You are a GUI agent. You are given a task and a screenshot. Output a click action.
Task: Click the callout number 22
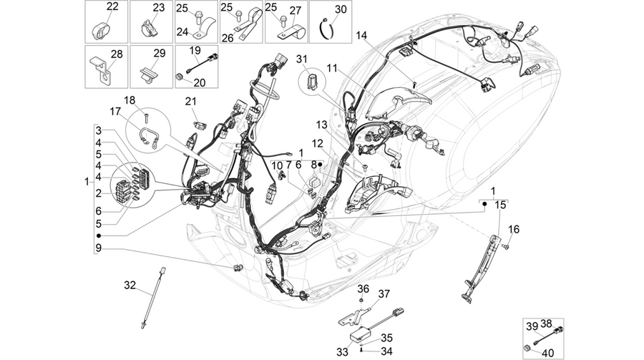[112, 6]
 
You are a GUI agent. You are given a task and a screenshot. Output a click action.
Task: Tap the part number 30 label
[341, 9]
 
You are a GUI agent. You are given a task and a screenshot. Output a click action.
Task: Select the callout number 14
[361, 35]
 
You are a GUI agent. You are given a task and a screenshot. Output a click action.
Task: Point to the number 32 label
[130, 285]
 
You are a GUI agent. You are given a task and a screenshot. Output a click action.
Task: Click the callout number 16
[514, 229]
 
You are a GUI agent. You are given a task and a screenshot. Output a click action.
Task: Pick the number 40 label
[548, 353]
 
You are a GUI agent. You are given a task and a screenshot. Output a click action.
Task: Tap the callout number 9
[99, 248]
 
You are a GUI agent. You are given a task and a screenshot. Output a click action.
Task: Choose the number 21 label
[190, 101]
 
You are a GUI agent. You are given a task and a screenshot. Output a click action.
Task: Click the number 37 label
[384, 294]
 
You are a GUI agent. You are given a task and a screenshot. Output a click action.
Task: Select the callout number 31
[302, 59]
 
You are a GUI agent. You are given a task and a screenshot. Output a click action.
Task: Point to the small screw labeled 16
[505, 246]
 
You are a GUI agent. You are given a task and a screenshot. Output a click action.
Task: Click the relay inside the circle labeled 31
[313, 82]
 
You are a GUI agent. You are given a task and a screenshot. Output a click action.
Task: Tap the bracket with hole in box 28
[99, 68]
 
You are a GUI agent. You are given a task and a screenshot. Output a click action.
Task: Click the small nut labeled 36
[360, 301]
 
